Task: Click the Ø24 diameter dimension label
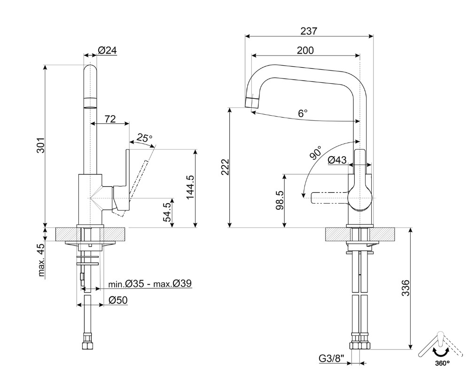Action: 107,50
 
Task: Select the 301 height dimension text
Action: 41,145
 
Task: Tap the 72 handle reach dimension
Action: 110,119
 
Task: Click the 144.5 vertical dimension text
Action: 190,187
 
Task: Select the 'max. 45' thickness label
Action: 41,260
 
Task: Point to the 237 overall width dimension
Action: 309,31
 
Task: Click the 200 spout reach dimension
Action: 305,50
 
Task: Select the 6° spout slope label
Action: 303,113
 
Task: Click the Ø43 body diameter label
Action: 337,160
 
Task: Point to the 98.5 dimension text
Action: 280,200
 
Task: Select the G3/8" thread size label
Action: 332,359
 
